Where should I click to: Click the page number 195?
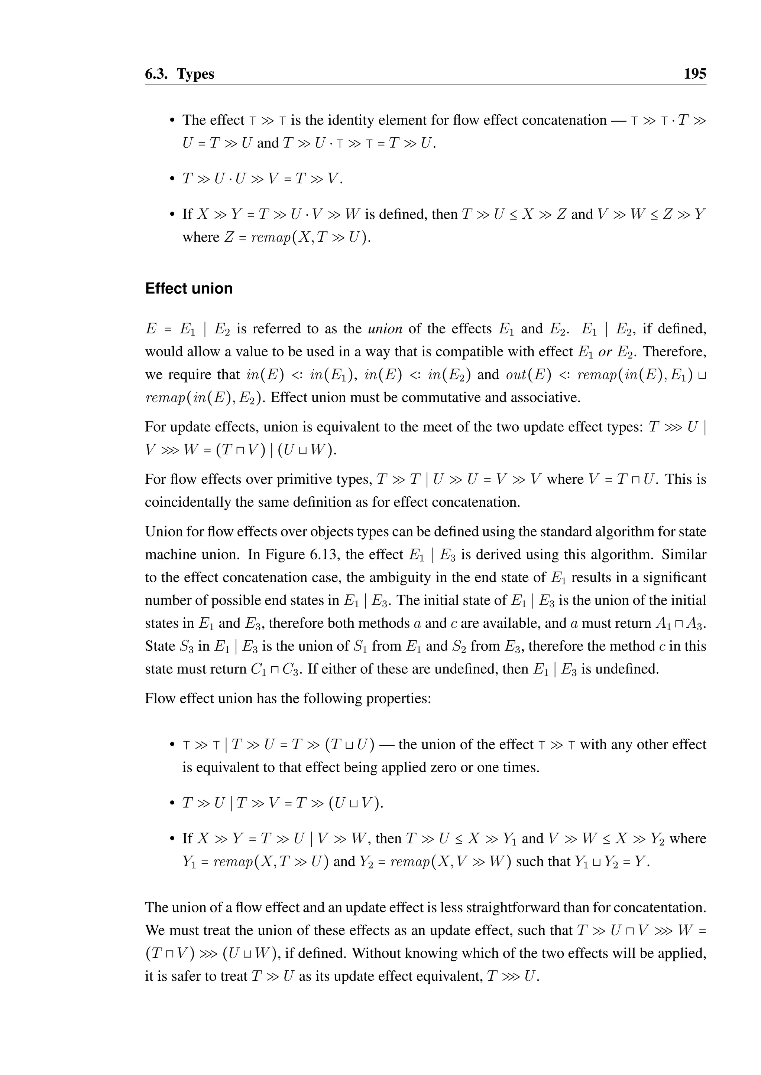click(x=694, y=74)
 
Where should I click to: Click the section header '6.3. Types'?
click(x=179, y=74)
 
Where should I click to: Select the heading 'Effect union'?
click(x=189, y=288)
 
